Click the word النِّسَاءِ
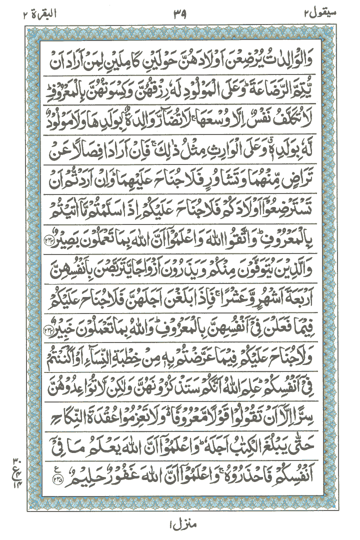pyautogui.click(x=98, y=356)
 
